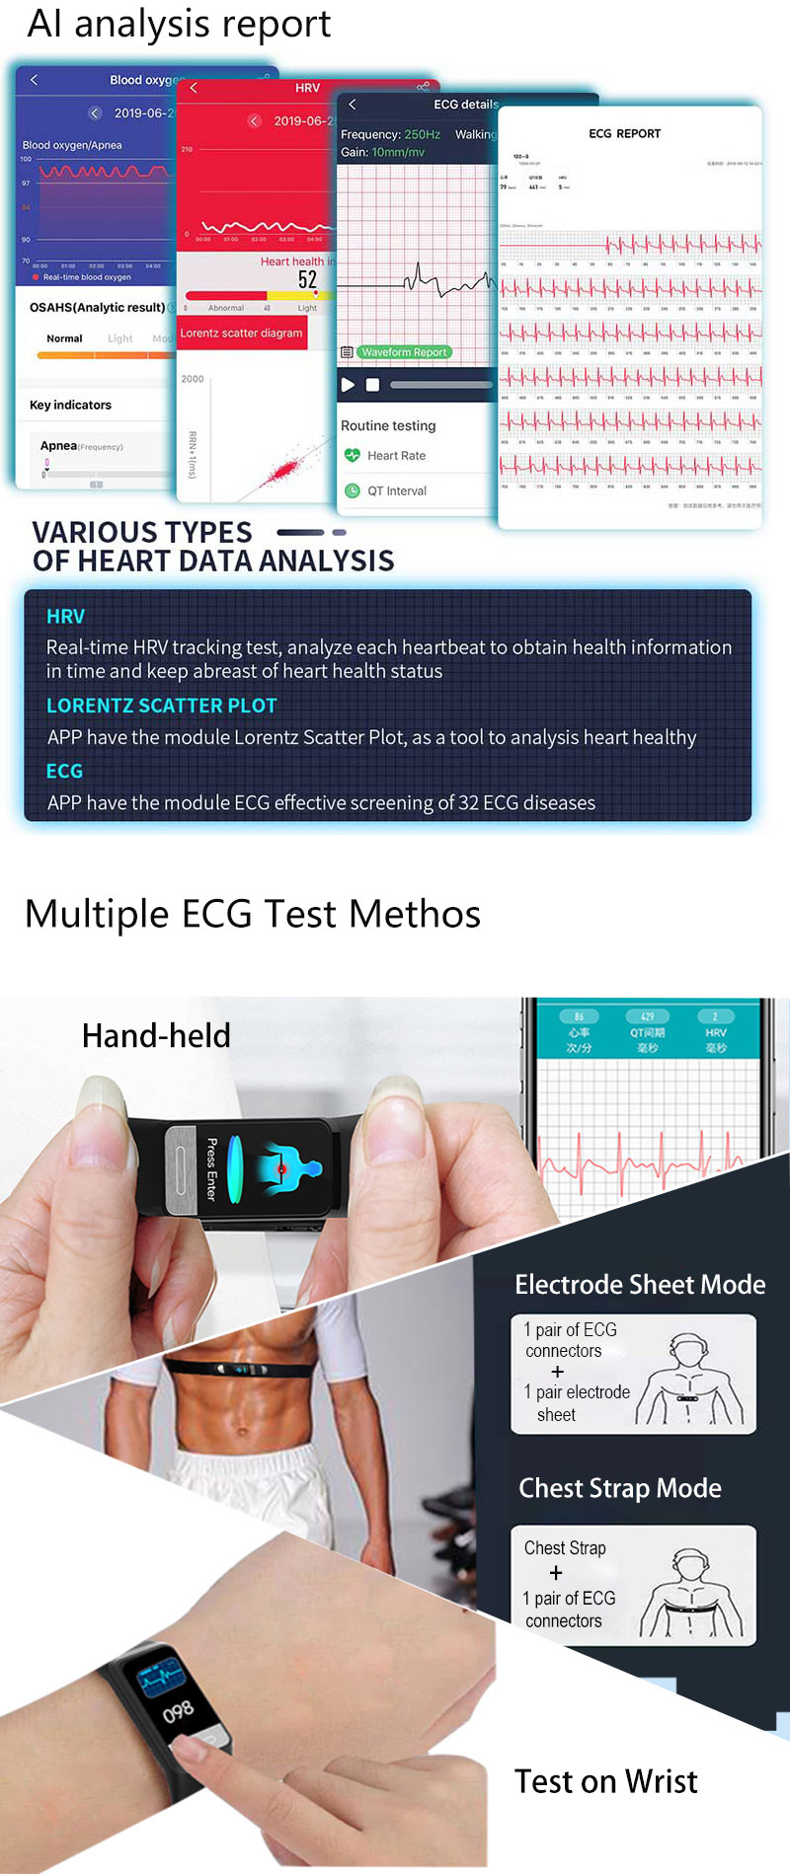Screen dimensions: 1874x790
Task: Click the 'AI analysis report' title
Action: coord(179,24)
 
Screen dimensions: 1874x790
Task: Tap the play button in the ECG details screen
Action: coord(348,385)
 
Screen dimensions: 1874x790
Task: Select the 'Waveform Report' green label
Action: coord(403,352)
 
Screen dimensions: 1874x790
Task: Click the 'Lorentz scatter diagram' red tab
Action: coord(241,334)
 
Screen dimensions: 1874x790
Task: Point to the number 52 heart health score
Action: coord(307,279)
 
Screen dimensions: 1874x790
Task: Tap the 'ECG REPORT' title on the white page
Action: coord(624,134)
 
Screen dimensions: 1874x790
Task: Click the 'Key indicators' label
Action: coord(70,405)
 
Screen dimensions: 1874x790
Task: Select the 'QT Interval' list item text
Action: coord(397,490)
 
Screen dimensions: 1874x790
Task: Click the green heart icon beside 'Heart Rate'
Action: coord(353,455)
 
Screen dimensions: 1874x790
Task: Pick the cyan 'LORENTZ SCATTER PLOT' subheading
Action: coord(161,706)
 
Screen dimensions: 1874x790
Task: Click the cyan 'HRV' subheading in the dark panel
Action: coord(65,617)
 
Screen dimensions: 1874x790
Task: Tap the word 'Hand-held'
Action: coord(156,1035)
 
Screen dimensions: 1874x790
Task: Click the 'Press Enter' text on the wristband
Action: coord(211,1169)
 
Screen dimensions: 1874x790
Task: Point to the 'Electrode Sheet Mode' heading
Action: coord(640,1284)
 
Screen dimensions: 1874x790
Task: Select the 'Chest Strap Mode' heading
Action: coord(620,1488)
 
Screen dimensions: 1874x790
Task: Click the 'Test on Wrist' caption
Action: coord(605,1781)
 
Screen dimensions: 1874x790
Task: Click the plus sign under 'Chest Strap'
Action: coord(556,1572)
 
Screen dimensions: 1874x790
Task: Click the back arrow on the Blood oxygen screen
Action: coord(35,80)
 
